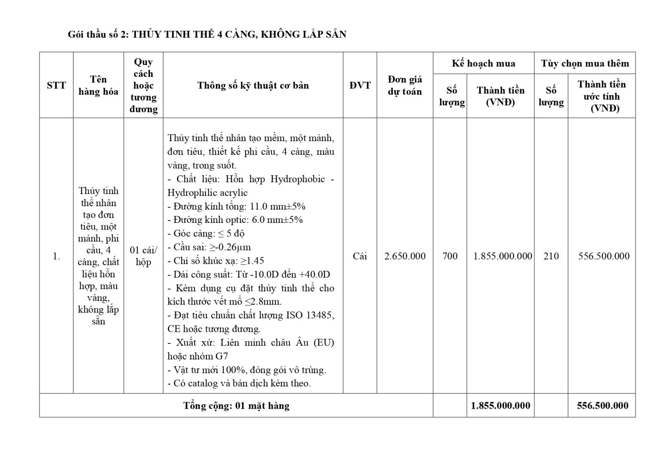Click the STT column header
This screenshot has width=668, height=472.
pos(56,85)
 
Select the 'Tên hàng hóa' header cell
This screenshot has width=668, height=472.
pos(98,85)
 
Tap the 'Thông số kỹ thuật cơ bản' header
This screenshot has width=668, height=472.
pos(253,85)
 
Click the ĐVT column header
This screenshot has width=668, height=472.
pos(360,85)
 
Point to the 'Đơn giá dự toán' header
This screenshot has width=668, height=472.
pos(405,85)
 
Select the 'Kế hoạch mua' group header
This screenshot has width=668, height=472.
pos(483,63)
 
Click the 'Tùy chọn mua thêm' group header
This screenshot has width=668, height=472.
pos(584,63)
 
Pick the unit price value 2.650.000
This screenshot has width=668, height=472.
pos(405,256)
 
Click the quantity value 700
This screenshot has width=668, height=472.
pos(450,256)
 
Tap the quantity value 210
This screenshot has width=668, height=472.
pos(551,256)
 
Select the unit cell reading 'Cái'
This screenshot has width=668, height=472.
pos(360,256)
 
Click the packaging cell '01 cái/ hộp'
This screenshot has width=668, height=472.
pos(143,256)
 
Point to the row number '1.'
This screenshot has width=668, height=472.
pos(56,256)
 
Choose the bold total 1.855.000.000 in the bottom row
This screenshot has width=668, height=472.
pos(500,405)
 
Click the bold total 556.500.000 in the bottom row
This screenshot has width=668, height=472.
pos(602,405)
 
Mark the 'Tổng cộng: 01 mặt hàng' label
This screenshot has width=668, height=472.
pos(236,405)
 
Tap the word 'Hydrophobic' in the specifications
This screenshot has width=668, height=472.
pos(297,179)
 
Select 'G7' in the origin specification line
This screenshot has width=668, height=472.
pos(221,356)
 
